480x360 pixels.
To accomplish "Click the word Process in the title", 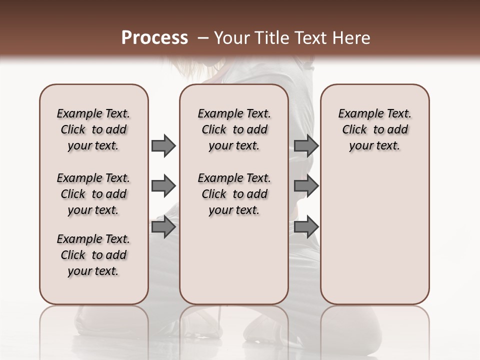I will [x=154, y=37].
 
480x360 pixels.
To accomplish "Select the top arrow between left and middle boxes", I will [x=163, y=146].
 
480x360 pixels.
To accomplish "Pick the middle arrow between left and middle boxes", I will [x=163, y=186].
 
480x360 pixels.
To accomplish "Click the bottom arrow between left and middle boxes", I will [x=163, y=226].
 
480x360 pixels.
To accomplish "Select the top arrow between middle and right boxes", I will [x=306, y=146].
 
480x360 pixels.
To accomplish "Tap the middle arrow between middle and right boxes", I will [x=306, y=186].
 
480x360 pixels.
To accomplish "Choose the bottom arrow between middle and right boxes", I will [x=306, y=226].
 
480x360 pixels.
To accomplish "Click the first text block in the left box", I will [x=93, y=129].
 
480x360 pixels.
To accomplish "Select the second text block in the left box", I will [x=93, y=194].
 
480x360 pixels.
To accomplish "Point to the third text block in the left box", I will [x=93, y=255].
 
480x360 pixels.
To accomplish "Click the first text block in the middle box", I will [x=234, y=129].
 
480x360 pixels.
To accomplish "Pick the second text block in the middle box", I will [x=234, y=194].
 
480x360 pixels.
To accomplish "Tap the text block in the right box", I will [x=375, y=129].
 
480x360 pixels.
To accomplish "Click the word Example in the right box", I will [x=356, y=114].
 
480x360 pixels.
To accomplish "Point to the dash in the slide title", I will [x=203, y=38].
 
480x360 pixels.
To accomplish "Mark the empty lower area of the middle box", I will [x=234, y=260].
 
